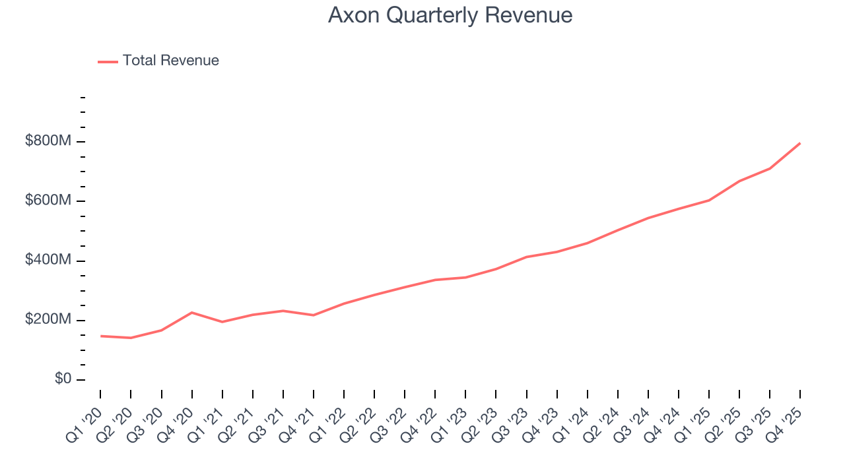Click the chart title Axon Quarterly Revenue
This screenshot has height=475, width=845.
click(x=450, y=15)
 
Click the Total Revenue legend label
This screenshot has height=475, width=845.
click(x=170, y=61)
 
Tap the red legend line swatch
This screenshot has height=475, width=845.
click(x=108, y=61)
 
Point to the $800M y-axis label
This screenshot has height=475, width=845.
click(x=49, y=141)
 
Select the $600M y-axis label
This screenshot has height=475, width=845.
click(x=49, y=201)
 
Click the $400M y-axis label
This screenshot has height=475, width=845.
click(x=49, y=261)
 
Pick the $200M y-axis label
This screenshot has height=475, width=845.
click(x=49, y=320)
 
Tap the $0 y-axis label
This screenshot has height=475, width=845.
click(x=63, y=379)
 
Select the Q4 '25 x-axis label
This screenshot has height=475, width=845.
click(x=786, y=417)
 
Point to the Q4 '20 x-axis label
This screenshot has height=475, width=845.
click(x=177, y=417)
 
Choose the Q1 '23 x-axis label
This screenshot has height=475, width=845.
click(x=451, y=417)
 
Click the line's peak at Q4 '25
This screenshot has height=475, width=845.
click(x=800, y=143)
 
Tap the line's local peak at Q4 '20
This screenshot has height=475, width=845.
click(x=191, y=312)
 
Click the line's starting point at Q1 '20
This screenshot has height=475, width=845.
click(x=100, y=336)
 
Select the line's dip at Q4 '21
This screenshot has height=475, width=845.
click(x=313, y=315)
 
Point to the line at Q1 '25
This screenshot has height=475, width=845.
click(x=709, y=200)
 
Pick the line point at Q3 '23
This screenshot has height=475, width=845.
click(x=526, y=257)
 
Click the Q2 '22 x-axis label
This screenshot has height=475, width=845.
click(x=360, y=417)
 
